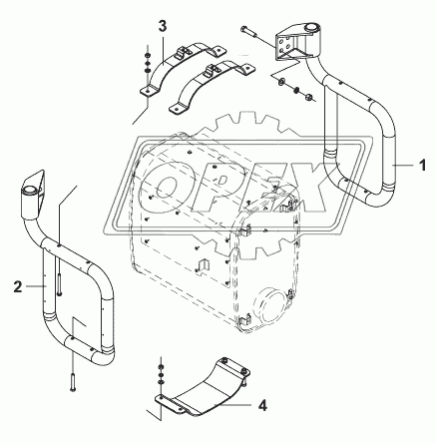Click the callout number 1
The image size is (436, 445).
coord(422,166)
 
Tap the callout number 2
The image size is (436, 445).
coord(18,286)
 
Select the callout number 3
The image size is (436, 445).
coord(163,27)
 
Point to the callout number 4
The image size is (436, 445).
coord(262,405)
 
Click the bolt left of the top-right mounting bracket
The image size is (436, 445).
coord(248,30)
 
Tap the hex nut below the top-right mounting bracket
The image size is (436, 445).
coord(308,97)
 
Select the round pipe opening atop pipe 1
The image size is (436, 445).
coord(312,28)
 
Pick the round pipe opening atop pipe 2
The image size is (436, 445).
coord(29,190)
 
